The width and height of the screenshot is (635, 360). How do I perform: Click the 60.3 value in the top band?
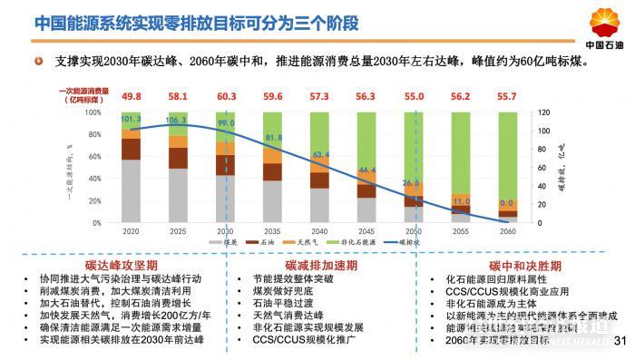(x=226, y=96)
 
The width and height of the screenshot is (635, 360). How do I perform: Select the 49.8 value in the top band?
(x=132, y=96)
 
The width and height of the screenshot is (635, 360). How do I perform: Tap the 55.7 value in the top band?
(x=507, y=96)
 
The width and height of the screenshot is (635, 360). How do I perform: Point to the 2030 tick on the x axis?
(x=226, y=231)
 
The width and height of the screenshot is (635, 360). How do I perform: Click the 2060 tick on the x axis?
(x=507, y=231)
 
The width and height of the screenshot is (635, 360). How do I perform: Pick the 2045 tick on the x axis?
(x=366, y=231)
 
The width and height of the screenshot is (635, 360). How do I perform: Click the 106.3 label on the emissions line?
(x=178, y=120)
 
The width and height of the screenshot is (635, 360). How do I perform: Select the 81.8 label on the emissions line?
(x=273, y=138)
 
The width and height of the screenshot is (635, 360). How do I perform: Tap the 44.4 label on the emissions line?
(x=366, y=170)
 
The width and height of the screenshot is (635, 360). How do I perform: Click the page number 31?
(x=620, y=341)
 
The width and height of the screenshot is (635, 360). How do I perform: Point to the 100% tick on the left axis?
(x=106, y=112)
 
